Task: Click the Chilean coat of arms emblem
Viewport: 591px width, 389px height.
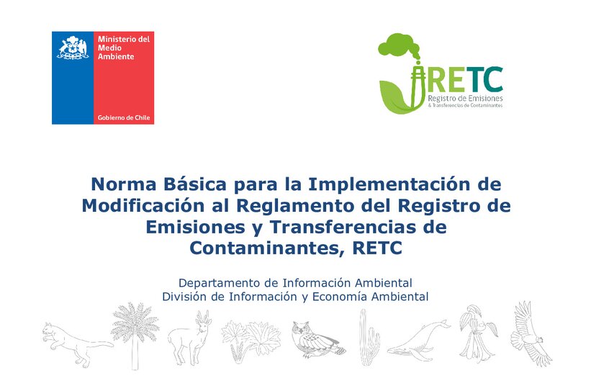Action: tap(72, 48)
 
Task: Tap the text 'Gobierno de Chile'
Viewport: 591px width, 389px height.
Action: tap(124, 117)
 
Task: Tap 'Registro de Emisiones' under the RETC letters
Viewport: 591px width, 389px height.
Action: tap(465, 97)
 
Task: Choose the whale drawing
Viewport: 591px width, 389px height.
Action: tap(417, 339)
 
